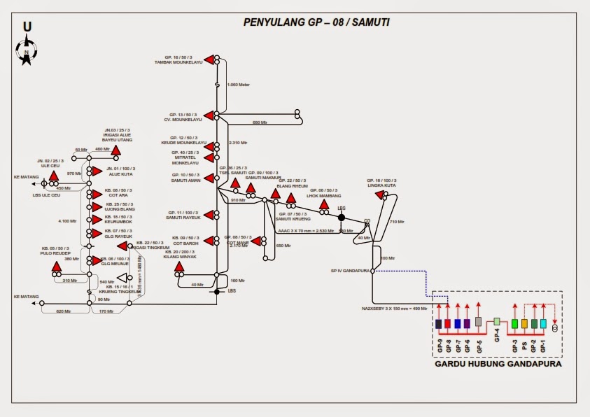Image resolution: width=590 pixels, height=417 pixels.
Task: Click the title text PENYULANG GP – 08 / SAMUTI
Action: pos(316,22)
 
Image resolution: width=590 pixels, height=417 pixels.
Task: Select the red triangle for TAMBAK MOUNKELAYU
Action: pos(209,59)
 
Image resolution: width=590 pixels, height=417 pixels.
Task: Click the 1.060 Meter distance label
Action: pos(239,85)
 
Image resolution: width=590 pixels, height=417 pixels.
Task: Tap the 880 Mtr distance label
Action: pos(260,122)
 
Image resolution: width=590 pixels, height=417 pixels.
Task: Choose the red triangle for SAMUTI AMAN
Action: pos(209,178)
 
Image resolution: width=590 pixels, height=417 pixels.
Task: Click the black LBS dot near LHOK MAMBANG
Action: pos(342,218)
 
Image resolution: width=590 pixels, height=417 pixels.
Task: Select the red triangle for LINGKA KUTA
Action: pos(380,195)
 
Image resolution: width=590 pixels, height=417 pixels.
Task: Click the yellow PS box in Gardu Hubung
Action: pos(524,324)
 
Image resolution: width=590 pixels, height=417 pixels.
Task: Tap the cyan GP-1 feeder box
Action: pos(543,324)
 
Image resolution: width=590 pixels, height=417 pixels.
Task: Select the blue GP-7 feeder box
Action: pos(457,324)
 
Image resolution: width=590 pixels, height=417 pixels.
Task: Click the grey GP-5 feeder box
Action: pos(479,322)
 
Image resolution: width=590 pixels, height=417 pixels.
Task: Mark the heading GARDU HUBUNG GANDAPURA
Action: pos(498,365)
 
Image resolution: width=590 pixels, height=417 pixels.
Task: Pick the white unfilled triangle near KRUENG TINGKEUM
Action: pos(121,278)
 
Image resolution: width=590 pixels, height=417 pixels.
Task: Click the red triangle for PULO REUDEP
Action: pos(57,267)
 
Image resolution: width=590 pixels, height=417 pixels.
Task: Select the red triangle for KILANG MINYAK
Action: pos(179,267)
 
